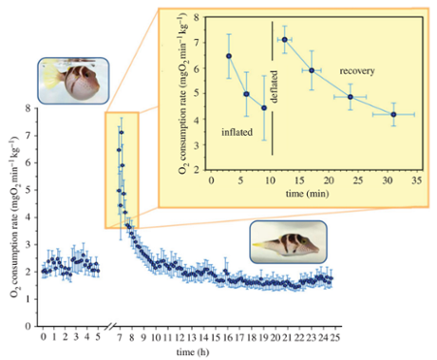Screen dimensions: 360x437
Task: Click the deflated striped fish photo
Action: [x=288, y=242]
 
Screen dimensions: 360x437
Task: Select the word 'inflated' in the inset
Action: [x=237, y=131]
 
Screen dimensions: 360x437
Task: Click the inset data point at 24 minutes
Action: [x=351, y=97]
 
